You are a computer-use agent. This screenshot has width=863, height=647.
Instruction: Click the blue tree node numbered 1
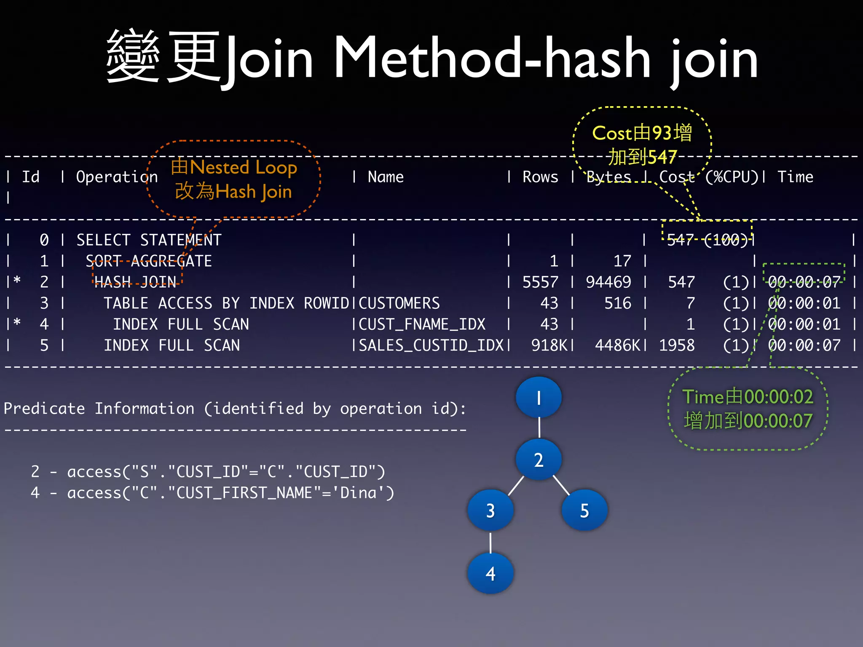(x=539, y=397)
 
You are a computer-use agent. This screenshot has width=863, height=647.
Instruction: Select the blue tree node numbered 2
(x=539, y=460)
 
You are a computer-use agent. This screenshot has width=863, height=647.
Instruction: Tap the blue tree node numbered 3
(x=490, y=511)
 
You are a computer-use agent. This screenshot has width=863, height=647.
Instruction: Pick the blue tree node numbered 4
(x=490, y=573)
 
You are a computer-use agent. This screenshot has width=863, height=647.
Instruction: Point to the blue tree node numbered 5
(x=584, y=511)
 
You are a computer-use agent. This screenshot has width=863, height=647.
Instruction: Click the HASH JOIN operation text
(x=135, y=282)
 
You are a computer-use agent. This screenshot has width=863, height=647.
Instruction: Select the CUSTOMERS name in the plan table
(x=399, y=303)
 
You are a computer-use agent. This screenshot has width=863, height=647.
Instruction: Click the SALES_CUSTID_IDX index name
(x=431, y=345)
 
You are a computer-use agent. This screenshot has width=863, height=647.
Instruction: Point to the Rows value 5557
(x=540, y=282)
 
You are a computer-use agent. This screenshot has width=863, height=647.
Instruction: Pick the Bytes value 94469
(x=608, y=282)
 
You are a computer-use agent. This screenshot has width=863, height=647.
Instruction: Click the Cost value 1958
(x=677, y=345)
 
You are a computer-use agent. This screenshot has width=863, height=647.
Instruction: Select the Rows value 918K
(x=549, y=345)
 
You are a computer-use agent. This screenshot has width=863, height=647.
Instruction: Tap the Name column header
(x=386, y=177)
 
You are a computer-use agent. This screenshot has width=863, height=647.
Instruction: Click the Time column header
(x=795, y=177)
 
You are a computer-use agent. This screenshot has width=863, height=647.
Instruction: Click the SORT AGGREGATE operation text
(x=149, y=261)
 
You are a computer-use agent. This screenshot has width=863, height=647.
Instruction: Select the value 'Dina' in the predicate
(x=358, y=492)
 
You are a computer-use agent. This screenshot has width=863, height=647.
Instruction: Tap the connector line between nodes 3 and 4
(x=490, y=542)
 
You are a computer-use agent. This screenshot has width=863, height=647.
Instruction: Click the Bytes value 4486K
(x=617, y=345)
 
